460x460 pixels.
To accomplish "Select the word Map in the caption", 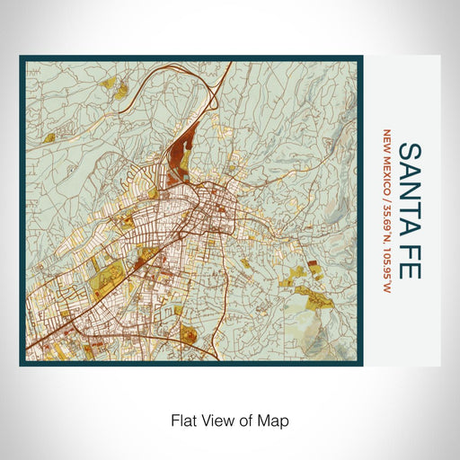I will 275,420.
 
